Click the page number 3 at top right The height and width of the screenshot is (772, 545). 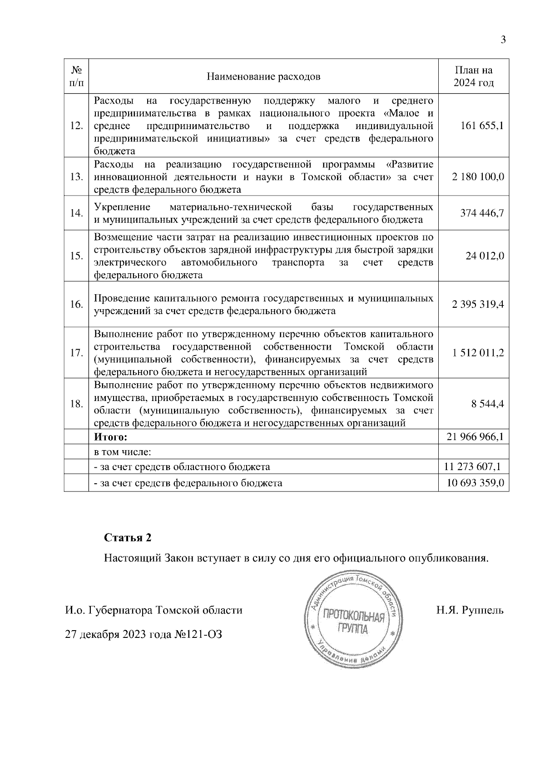coord(503,40)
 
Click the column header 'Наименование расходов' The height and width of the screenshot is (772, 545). coord(263,76)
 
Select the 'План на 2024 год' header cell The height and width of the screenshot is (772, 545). coord(474,76)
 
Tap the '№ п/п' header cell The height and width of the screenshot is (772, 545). coord(76,76)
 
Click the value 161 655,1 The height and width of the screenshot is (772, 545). coord(482,126)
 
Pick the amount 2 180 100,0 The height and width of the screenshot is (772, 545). coord(478,177)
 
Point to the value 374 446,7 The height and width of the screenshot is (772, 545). coord(482,213)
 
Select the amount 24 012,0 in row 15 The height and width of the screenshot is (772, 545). coord(485,256)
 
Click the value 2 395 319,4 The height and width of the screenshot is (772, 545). coord(478,305)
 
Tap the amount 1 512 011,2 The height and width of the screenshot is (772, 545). coord(478,353)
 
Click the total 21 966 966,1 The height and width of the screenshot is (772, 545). coord(476,437)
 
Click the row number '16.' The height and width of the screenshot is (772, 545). coord(76,305)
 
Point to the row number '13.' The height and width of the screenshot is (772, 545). coord(76,177)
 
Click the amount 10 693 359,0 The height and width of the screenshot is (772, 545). coord(476,483)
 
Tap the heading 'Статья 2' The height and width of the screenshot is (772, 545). coord(128,538)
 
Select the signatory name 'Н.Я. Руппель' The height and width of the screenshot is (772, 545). coord(470,610)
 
